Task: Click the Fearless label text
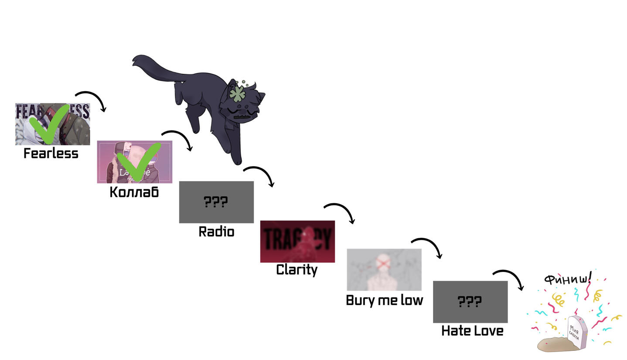(x=51, y=154)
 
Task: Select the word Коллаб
(x=134, y=192)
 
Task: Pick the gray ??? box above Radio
(x=216, y=202)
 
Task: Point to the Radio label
(x=216, y=232)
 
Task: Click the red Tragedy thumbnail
(x=297, y=241)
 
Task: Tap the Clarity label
(x=296, y=270)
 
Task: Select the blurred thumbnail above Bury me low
(x=384, y=270)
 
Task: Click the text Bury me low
(x=384, y=300)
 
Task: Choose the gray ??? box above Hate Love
(x=470, y=302)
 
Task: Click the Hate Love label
(x=472, y=331)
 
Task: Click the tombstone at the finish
(x=576, y=333)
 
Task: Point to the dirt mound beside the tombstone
(x=553, y=344)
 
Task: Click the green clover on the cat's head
(x=237, y=94)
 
